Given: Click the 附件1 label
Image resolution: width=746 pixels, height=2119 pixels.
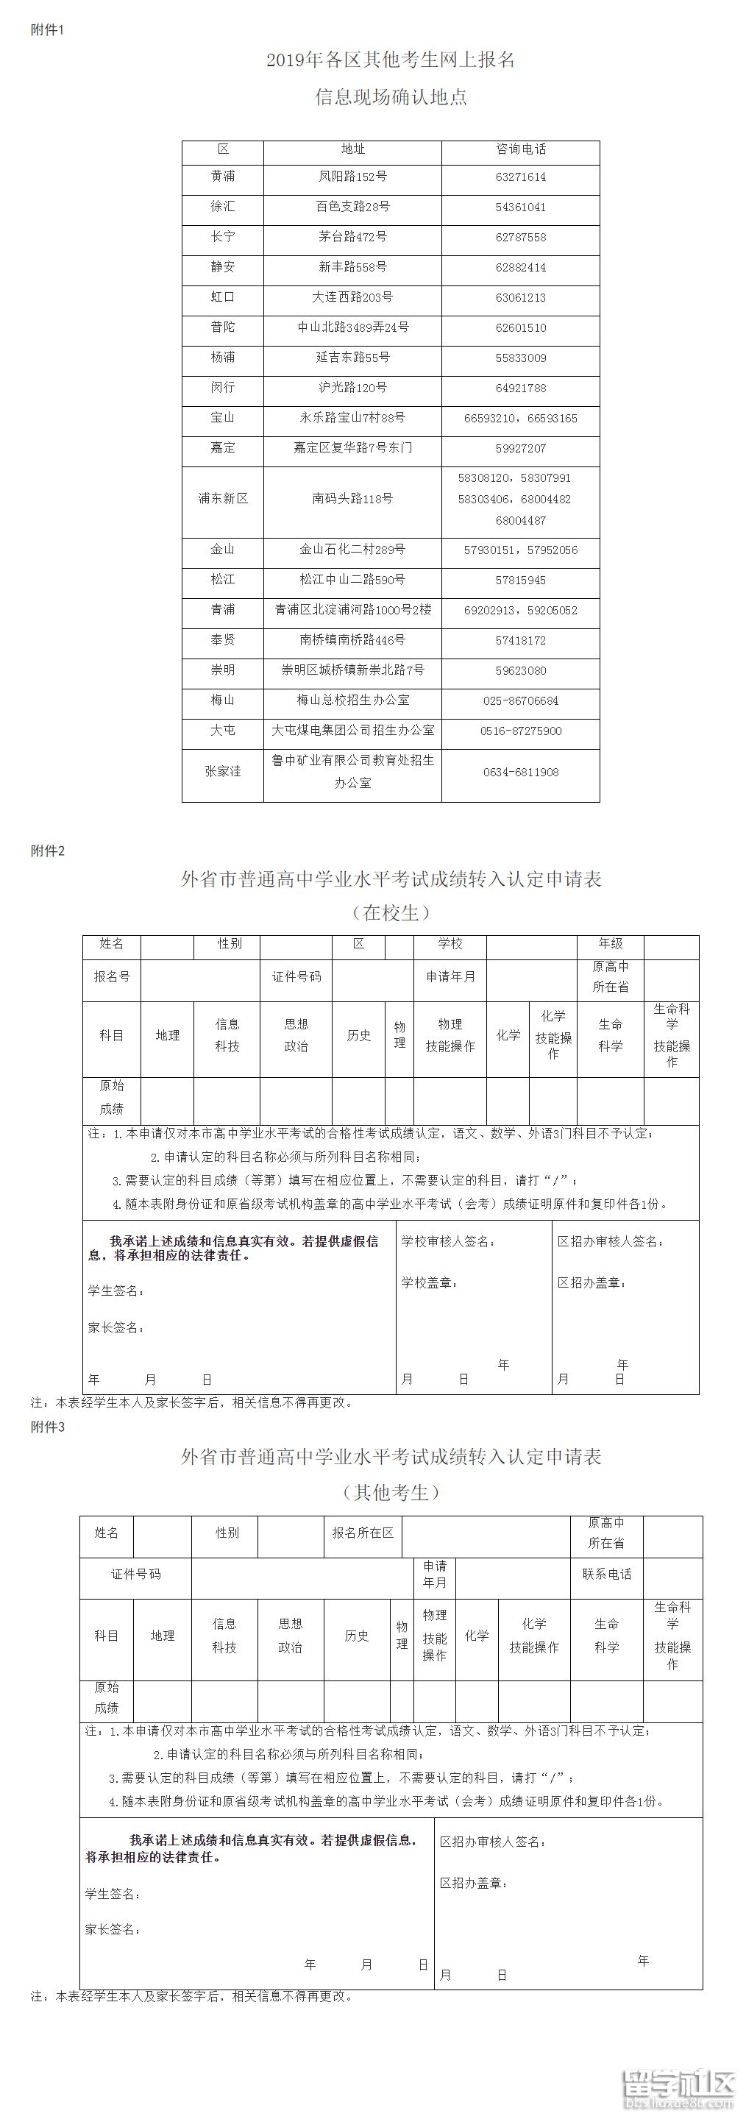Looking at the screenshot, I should (47, 29).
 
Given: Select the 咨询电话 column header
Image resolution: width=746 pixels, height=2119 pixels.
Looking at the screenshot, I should (521, 149).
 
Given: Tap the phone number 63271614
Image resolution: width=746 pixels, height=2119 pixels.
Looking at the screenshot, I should (521, 177).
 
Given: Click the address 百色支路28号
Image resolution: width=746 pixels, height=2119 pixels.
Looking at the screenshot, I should (353, 207).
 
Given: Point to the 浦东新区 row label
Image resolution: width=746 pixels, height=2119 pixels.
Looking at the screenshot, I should (223, 499).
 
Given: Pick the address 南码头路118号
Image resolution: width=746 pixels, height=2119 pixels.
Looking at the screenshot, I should (353, 499).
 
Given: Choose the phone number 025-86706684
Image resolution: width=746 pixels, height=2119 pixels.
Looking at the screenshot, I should (521, 701).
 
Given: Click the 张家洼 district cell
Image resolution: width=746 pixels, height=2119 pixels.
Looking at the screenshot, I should (223, 772).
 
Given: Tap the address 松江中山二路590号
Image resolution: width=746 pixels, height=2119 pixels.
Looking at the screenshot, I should (353, 580).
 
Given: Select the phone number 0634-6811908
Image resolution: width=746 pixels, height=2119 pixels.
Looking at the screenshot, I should (521, 773).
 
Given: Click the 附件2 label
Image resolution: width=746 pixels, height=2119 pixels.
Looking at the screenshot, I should (47, 851).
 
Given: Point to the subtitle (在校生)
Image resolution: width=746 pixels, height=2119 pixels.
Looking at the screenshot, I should (391, 913).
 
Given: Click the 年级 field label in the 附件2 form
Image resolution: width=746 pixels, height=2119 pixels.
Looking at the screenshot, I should (611, 943).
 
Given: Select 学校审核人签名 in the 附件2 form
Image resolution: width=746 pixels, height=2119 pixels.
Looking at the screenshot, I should (448, 1241).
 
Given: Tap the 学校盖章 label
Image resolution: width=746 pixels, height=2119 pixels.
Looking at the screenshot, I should (430, 1282).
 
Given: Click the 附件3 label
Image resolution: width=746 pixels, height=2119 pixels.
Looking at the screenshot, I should (47, 1427).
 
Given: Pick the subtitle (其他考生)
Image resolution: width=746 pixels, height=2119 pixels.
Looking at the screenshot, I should (391, 1492).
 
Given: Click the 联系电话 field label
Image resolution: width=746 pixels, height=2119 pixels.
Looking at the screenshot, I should (607, 1574).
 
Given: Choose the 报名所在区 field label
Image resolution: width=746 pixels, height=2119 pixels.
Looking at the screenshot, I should (363, 1533).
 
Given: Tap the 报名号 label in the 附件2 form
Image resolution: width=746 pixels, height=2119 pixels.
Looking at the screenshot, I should (112, 976).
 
